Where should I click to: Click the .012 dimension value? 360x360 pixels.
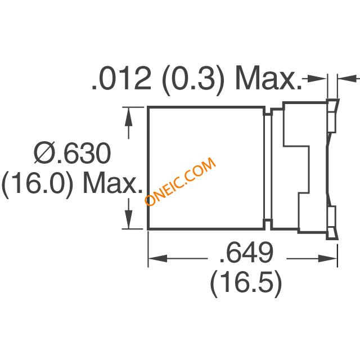pos(121,78)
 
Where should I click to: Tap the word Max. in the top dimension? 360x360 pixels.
pos(268,78)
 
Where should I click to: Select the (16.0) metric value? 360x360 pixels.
pos(38,185)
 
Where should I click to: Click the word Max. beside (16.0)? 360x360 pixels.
pos(112,183)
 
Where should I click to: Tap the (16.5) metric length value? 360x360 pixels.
pos(246,283)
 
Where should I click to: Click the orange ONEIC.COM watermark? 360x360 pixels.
pos(180,181)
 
